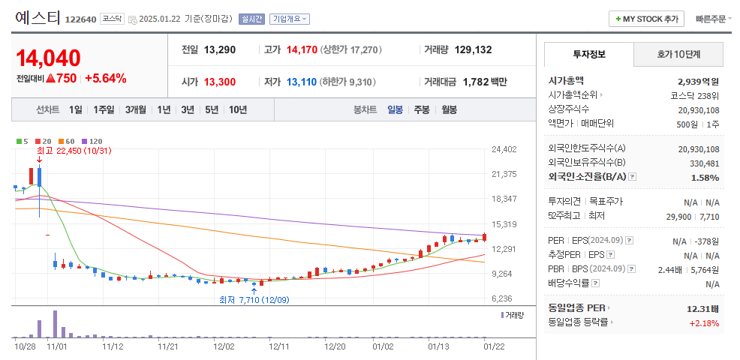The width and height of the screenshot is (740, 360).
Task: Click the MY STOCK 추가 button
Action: (646, 19)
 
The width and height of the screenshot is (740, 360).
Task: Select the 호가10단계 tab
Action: (678, 54)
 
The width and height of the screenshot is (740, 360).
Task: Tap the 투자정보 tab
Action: (589, 54)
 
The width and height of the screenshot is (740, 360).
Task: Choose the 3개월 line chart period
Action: (136, 109)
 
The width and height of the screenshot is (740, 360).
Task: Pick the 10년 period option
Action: (237, 109)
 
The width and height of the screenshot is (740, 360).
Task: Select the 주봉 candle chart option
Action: (422, 109)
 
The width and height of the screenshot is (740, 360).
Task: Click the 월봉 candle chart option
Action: (449, 109)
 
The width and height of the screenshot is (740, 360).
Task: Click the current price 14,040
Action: (48, 58)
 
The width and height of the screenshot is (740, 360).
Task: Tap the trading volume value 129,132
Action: (473, 49)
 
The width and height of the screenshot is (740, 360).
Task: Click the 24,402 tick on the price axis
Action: (504, 149)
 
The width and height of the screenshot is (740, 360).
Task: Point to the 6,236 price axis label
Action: (503, 298)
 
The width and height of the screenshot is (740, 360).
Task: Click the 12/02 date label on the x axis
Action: (224, 346)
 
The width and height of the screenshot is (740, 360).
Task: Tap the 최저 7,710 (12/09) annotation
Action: (254, 300)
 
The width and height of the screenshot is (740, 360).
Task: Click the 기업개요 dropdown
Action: (290, 19)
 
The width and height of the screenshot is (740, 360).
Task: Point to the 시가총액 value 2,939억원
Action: (698, 81)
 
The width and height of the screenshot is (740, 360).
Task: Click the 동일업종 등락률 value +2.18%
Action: (704, 323)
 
